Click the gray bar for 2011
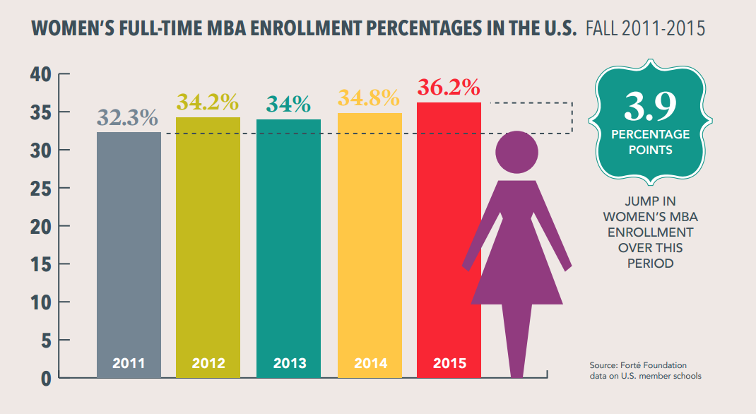click(128, 247)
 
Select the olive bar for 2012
click(208, 240)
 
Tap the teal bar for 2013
click(288, 240)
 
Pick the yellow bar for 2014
click(370, 240)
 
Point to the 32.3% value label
click(127, 118)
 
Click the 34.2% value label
click(207, 102)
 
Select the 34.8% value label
click(369, 98)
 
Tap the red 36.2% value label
click(449, 88)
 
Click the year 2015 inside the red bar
click(450, 364)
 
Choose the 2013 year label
click(289, 364)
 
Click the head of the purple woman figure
click(518, 154)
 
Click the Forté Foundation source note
click(645, 370)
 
